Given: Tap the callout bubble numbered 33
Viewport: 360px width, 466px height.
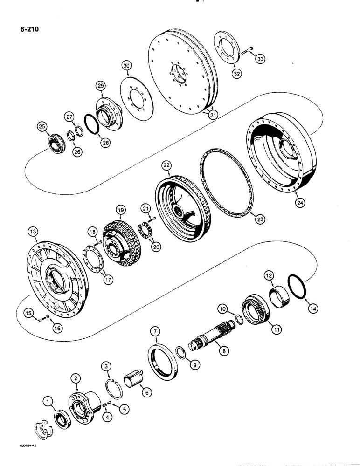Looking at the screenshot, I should (259, 58).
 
